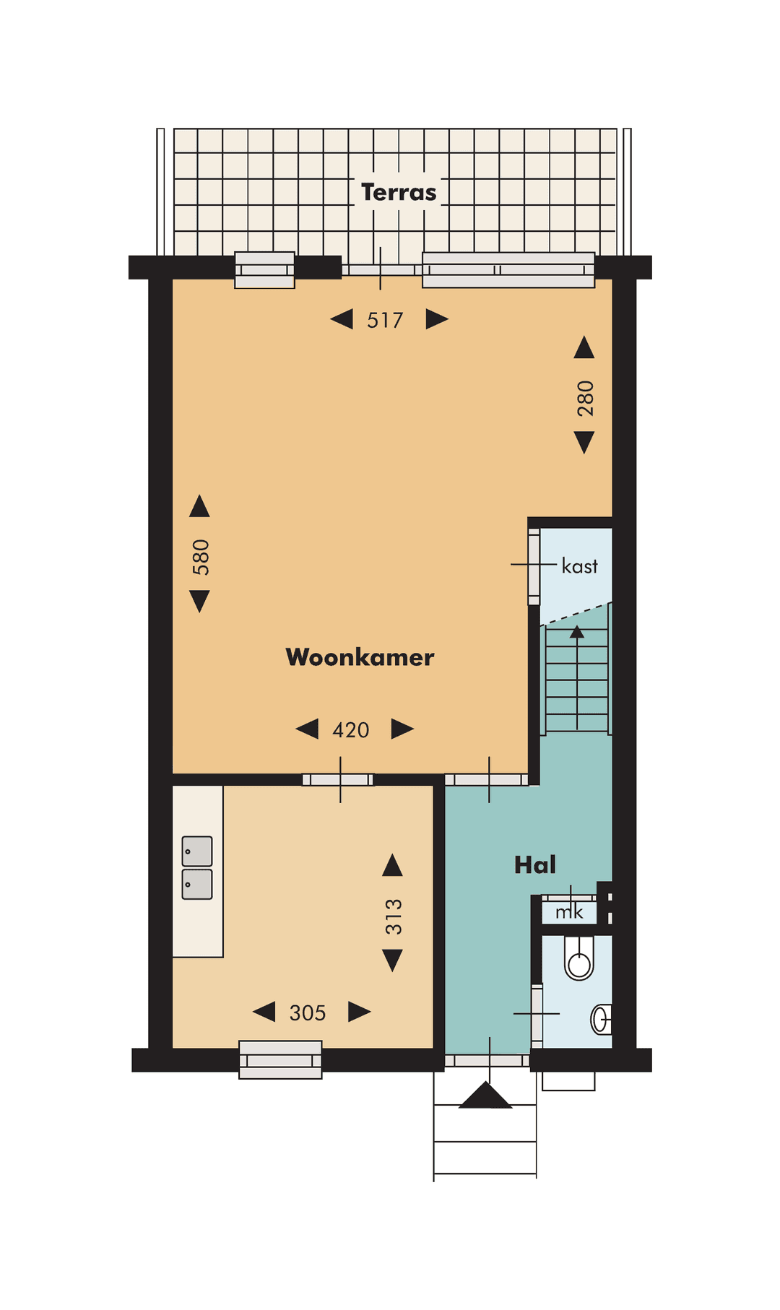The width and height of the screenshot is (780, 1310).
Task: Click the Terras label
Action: point(399,193)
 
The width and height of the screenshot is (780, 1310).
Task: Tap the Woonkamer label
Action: point(360,657)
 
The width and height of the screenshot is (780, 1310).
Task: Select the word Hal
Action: point(534,864)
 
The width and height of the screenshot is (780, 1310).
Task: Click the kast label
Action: point(579,566)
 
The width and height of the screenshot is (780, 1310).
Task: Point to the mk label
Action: point(569,912)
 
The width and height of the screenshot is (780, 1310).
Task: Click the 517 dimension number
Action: point(385,320)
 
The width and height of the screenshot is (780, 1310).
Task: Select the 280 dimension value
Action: point(585,398)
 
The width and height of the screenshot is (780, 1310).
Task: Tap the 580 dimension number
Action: point(201,557)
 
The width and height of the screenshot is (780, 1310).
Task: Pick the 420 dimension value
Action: point(351,730)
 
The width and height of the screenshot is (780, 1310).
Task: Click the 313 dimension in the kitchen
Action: point(393,916)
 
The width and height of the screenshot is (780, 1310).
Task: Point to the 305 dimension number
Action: point(308,1013)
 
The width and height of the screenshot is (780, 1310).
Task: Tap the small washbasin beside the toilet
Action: point(601,1019)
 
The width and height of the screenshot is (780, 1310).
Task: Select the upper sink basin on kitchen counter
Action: point(197,851)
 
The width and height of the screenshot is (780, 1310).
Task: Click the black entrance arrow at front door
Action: point(485,1096)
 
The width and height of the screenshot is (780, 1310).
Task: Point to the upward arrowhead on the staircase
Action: point(576,633)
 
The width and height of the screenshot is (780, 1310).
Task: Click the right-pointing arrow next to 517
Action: point(436,319)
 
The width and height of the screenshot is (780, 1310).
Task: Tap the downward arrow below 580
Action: point(199,601)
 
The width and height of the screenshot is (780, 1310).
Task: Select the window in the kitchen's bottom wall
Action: point(280,1059)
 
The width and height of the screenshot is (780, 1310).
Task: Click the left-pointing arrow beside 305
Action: point(264,1012)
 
